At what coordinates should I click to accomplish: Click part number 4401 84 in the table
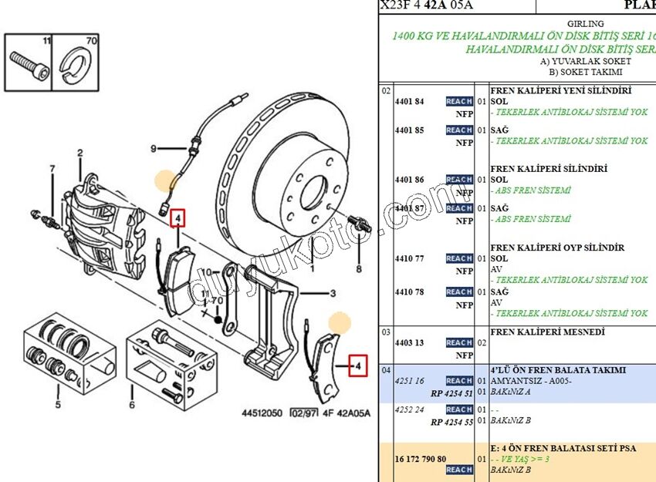point(409,102)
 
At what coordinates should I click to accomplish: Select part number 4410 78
point(409,292)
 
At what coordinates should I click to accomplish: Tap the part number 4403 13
point(409,343)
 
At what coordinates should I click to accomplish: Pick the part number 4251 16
point(409,381)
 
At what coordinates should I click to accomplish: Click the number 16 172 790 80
point(421,459)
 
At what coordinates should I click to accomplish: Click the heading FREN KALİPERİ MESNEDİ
point(547,332)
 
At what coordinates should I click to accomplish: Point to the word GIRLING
point(585,24)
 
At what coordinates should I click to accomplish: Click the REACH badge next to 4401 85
point(458,130)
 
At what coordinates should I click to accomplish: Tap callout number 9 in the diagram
point(153,149)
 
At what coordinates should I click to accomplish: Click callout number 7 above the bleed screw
point(52,169)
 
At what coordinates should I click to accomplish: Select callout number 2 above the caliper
point(79,154)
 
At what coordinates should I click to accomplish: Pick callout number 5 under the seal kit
point(57,404)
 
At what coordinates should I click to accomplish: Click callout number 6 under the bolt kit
point(132,405)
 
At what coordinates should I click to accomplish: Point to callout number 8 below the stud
point(358,269)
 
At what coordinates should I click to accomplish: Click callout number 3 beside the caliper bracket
point(333,293)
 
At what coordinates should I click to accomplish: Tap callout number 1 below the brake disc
point(313,269)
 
